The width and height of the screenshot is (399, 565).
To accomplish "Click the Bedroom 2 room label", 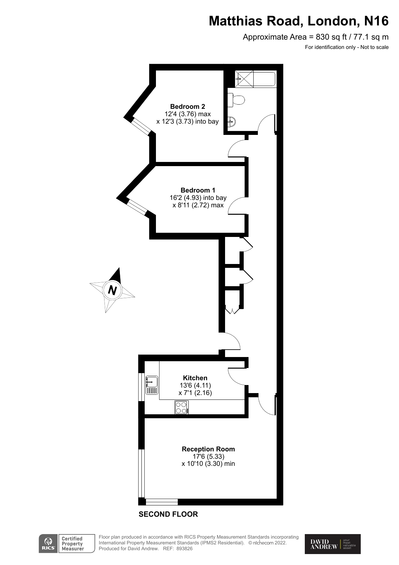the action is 187,107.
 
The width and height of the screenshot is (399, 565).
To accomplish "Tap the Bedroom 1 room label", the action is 198,190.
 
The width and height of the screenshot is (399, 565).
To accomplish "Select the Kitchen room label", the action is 195,378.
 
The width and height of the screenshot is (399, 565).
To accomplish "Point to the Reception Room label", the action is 208,449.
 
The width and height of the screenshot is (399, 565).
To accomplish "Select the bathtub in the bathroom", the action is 256,79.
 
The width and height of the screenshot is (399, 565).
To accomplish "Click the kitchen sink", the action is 152,385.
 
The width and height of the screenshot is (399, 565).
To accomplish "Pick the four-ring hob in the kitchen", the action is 182,407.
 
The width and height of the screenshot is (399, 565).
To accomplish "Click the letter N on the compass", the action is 112,290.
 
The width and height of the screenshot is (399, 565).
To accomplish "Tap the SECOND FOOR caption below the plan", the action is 168,514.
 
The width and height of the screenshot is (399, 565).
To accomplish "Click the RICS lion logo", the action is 48,543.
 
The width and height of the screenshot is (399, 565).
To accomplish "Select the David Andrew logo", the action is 332,544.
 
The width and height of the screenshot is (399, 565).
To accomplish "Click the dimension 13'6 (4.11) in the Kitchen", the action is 195,385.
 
